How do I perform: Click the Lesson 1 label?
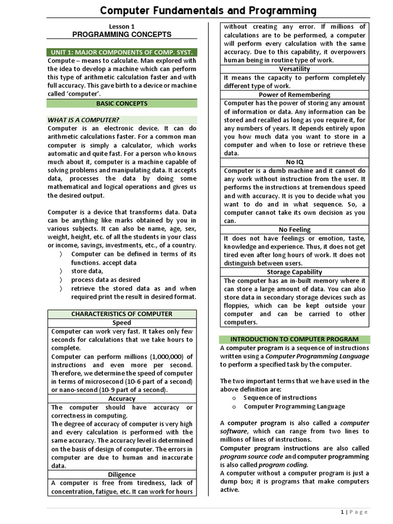click(122, 26)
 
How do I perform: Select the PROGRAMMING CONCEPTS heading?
click(122, 34)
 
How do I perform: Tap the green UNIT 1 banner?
click(122, 53)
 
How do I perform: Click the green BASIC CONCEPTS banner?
click(122, 103)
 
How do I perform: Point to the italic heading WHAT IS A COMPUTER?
click(83, 120)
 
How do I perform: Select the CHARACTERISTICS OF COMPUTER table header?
click(122, 314)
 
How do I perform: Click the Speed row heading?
click(122, 323)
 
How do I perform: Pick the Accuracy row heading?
click(122, 399)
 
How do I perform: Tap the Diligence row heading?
click(122, 474)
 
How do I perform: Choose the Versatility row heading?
click(294, 69)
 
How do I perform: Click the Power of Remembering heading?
click(294, 95)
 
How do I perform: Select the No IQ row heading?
click(294, 162)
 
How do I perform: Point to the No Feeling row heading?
click(294, 230)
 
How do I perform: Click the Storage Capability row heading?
click(294, 272)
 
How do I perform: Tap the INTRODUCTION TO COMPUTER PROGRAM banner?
click(294, 339)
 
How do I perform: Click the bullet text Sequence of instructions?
click(280, 398)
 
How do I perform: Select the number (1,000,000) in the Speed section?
click(160, 357)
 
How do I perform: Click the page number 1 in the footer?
click(342, 512)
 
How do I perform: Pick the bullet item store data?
click(87, 271)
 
